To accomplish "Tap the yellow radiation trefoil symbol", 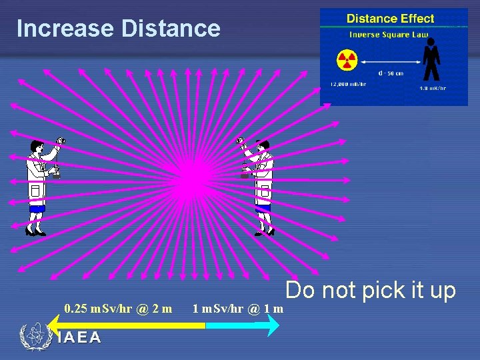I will coord(347,61).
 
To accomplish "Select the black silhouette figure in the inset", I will coord(431,59).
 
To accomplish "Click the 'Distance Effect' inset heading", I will coord(390,19).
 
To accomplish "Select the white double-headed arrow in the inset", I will coord(389,61).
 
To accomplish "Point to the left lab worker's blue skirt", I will coord(36,209).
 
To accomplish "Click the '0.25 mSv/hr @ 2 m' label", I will coord(118,308).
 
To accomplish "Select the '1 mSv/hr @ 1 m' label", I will coord(238,308).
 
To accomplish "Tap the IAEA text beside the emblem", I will coord(79,337).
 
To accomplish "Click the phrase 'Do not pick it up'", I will coord(371,290).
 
